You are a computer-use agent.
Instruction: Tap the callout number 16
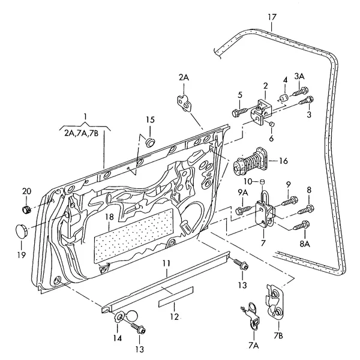pos(283,161)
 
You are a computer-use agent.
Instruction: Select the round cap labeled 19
pos(22,231)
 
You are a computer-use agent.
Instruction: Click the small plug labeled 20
pos(27,209)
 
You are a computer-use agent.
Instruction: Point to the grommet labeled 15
pos(151,142)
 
